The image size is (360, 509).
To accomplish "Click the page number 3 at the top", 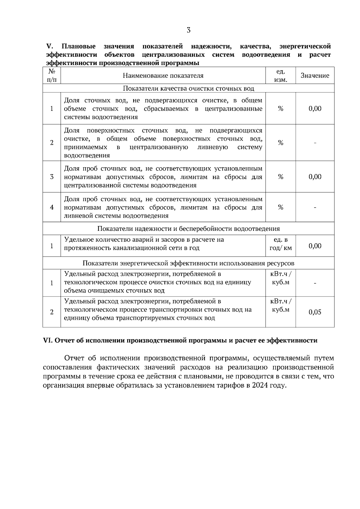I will pos(188,30).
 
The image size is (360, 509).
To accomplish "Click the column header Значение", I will pos(315,76).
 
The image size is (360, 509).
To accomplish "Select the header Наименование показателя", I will pos(163,76).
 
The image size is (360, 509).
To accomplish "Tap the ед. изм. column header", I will pos(280,76).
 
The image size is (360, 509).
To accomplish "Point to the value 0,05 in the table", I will pos(315,312).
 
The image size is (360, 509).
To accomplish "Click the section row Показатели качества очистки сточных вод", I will pos(188,89).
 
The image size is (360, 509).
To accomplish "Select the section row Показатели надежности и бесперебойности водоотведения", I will pos(188,229).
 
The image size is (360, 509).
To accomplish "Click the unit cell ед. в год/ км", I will pos(280,244).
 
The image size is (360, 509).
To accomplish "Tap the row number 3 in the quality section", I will pos(52,177).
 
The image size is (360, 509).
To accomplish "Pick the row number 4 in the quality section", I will pos(52,207).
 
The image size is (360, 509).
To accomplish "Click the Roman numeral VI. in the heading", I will pos(48,341).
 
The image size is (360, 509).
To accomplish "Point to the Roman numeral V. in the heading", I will pos(49,46).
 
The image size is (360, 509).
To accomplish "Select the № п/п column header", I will pos(52,76).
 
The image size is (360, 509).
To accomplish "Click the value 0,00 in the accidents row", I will pos(315,246).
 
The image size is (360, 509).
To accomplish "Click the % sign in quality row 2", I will pos(280,143).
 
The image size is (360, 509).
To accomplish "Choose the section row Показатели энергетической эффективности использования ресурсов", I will pos(188,263).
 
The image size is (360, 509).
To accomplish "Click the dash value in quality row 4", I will pos(315,207).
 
